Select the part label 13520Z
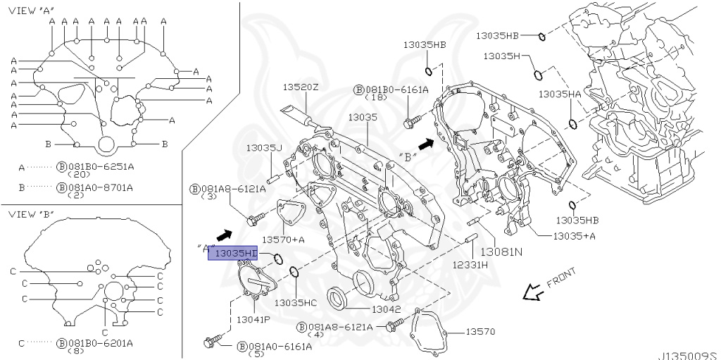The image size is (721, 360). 301,87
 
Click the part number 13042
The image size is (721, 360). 386,309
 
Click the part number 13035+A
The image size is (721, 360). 574,235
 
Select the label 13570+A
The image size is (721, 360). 284,240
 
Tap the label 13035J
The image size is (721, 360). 264,148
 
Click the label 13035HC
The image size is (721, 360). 296,302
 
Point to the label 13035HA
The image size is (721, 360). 560,94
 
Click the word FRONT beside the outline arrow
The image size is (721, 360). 561,278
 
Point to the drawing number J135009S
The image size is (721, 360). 687,355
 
